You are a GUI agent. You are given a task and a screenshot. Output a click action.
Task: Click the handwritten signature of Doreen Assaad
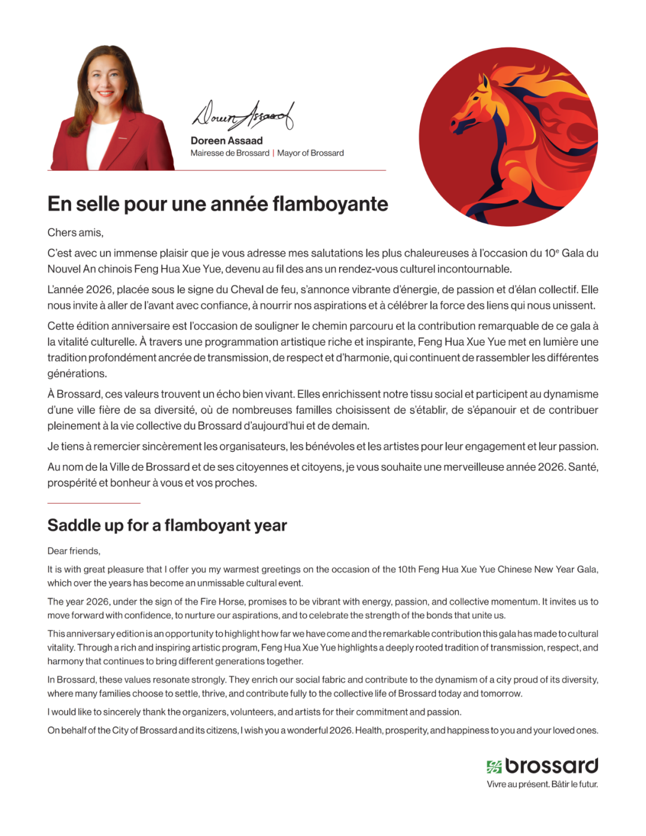(x=242, y=115)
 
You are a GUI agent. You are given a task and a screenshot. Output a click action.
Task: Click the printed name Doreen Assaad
(x=226, y=141)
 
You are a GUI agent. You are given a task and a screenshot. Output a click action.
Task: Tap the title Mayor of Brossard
(x=310, y=153)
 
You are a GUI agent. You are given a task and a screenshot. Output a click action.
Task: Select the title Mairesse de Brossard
(x=230, y=153)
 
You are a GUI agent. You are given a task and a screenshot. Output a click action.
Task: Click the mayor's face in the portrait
(x=106, y=81)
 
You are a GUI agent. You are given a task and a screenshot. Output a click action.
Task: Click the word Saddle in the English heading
(x=74, y=525)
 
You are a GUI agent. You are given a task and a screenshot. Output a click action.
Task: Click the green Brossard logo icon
(x=494, y=767)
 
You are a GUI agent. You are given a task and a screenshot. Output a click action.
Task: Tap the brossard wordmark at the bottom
(x=551, y=765)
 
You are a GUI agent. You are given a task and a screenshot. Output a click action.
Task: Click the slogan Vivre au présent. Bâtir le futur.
(x=542, y=785)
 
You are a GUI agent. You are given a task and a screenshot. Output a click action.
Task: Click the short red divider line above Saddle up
(x=94, y=503)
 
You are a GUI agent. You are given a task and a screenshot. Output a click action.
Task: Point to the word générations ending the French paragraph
(x=77, y=374)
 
